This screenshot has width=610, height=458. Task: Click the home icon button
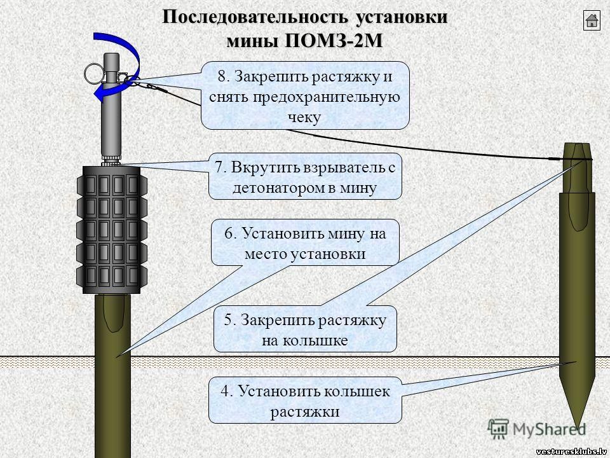592,20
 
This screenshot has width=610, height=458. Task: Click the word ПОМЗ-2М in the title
334,41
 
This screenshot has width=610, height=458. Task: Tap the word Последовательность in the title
255,17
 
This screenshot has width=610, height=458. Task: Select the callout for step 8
305,96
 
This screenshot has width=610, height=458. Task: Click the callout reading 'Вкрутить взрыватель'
305,177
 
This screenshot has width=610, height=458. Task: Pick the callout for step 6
305,243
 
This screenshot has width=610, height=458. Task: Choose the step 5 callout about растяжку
305,330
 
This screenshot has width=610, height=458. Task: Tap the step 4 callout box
305,400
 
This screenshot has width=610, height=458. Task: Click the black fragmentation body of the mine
112,230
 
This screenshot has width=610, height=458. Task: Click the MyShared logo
537,429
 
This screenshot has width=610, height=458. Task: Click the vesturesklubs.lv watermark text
572,452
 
